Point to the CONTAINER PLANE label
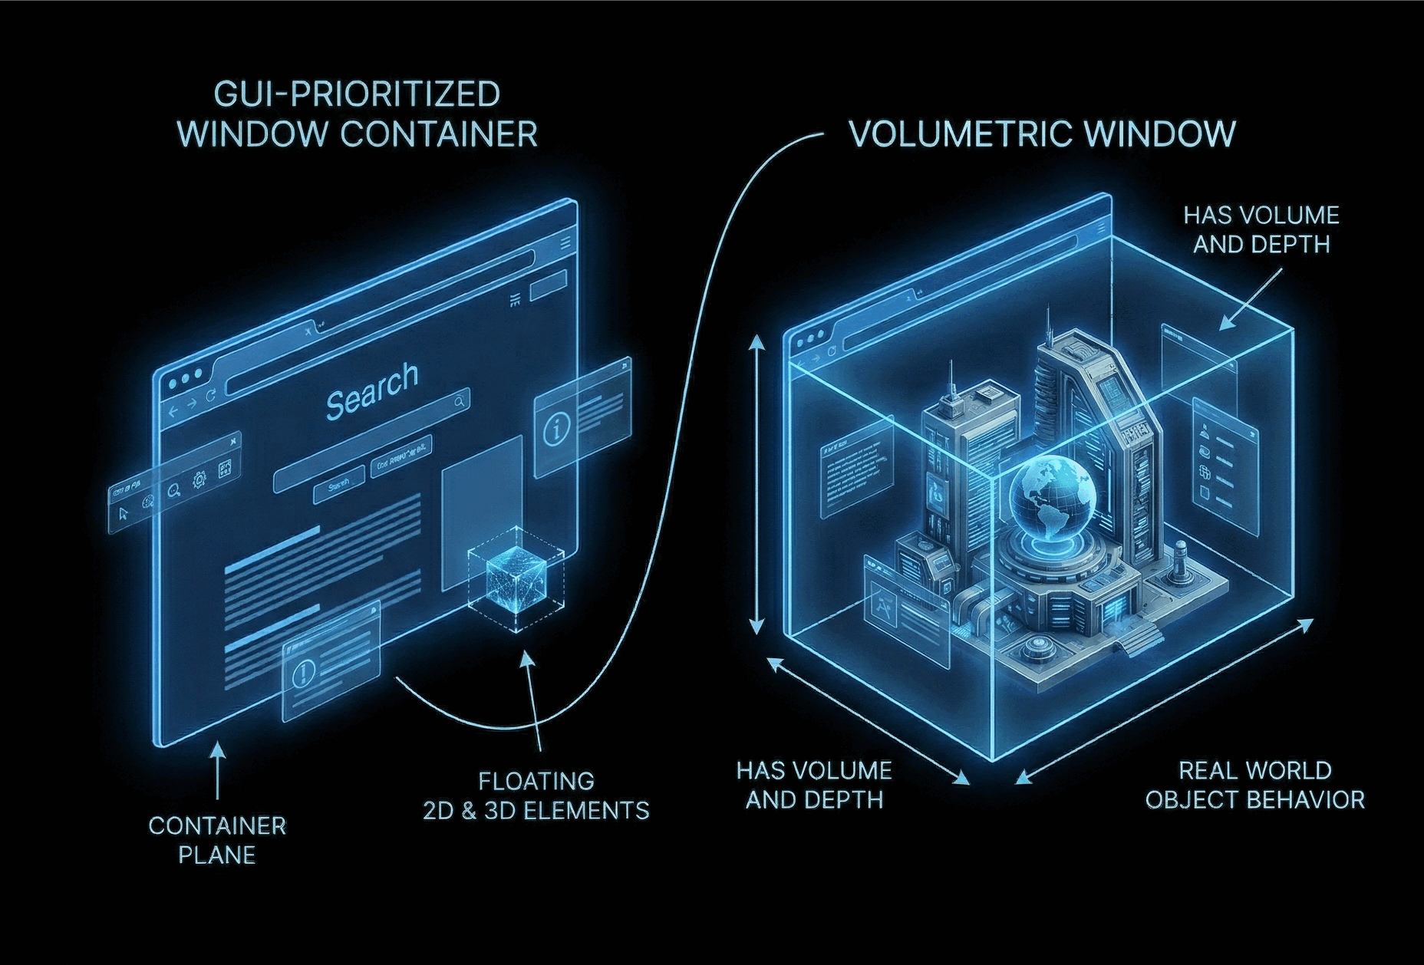[x=217, y=840]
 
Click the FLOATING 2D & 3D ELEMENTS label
[x=536, y=795]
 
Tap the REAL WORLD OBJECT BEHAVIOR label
[x=1254, y=785]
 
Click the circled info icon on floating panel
[x=555, y=430]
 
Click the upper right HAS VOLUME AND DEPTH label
[x=1261, y=229]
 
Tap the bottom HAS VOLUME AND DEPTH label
[x=814, y=785]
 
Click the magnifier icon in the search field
[x=459, y=401]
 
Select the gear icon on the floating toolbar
[x=199, y=479]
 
